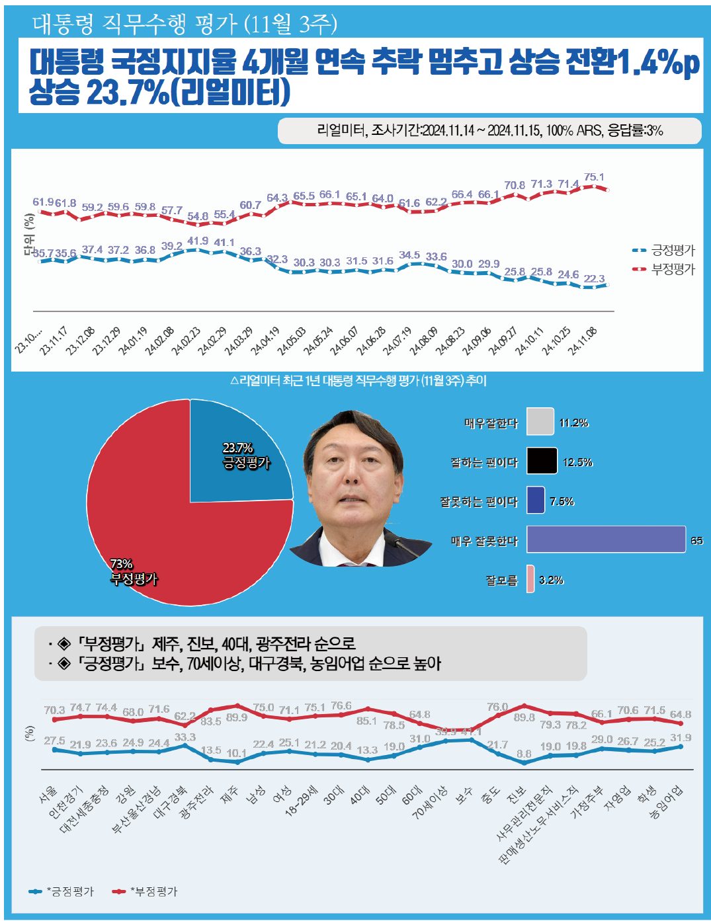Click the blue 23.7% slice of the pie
coord(238,456)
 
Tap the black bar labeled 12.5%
coord(542,461)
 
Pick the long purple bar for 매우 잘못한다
coord(606,540)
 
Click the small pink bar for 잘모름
coord(530,579)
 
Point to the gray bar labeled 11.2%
coord(540,422)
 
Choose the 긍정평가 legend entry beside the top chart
coord(665,250)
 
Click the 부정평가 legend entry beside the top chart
coord(665,269)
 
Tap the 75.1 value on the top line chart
coord(594,177)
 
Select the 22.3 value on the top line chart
coord(594,278)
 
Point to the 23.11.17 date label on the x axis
coord(54,341)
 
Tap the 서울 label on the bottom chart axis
coord(48,795)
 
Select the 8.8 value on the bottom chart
coord(524,753)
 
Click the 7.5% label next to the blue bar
coord(562,501)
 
